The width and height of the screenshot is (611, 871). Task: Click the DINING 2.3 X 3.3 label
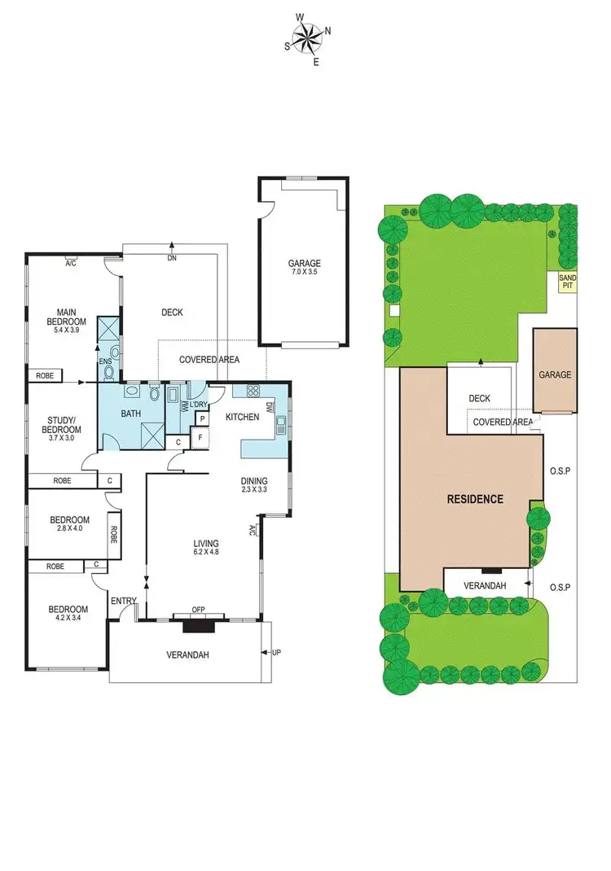tap(253, 485)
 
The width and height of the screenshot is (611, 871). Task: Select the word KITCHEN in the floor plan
tap(242, 417)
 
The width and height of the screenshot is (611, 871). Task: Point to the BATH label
tap(131, 414)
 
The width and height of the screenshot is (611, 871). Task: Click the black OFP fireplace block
tap(198, 626)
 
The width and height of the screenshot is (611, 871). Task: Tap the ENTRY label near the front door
tap(124, 601)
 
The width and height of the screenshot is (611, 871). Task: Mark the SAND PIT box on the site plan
tap(567, 282)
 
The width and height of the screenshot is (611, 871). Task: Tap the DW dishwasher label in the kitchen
tap(269, 407)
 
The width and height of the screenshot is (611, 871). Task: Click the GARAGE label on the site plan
tap(555, 375)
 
